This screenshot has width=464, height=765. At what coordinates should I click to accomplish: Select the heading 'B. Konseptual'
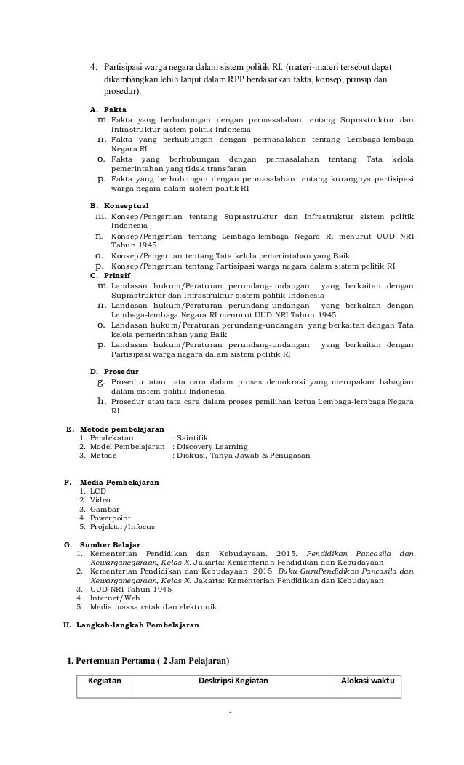[119, 206]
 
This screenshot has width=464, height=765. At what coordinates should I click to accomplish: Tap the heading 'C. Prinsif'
[111, 276]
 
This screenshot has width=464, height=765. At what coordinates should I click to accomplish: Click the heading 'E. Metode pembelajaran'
[115, 429]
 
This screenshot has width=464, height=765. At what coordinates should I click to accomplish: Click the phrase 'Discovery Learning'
[212, 446]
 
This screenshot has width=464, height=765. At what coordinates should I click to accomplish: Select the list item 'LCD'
[98, 491]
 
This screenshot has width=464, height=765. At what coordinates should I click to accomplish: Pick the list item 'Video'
[100, 500]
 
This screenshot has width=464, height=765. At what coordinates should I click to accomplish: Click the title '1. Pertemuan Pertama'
[148, 661]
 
